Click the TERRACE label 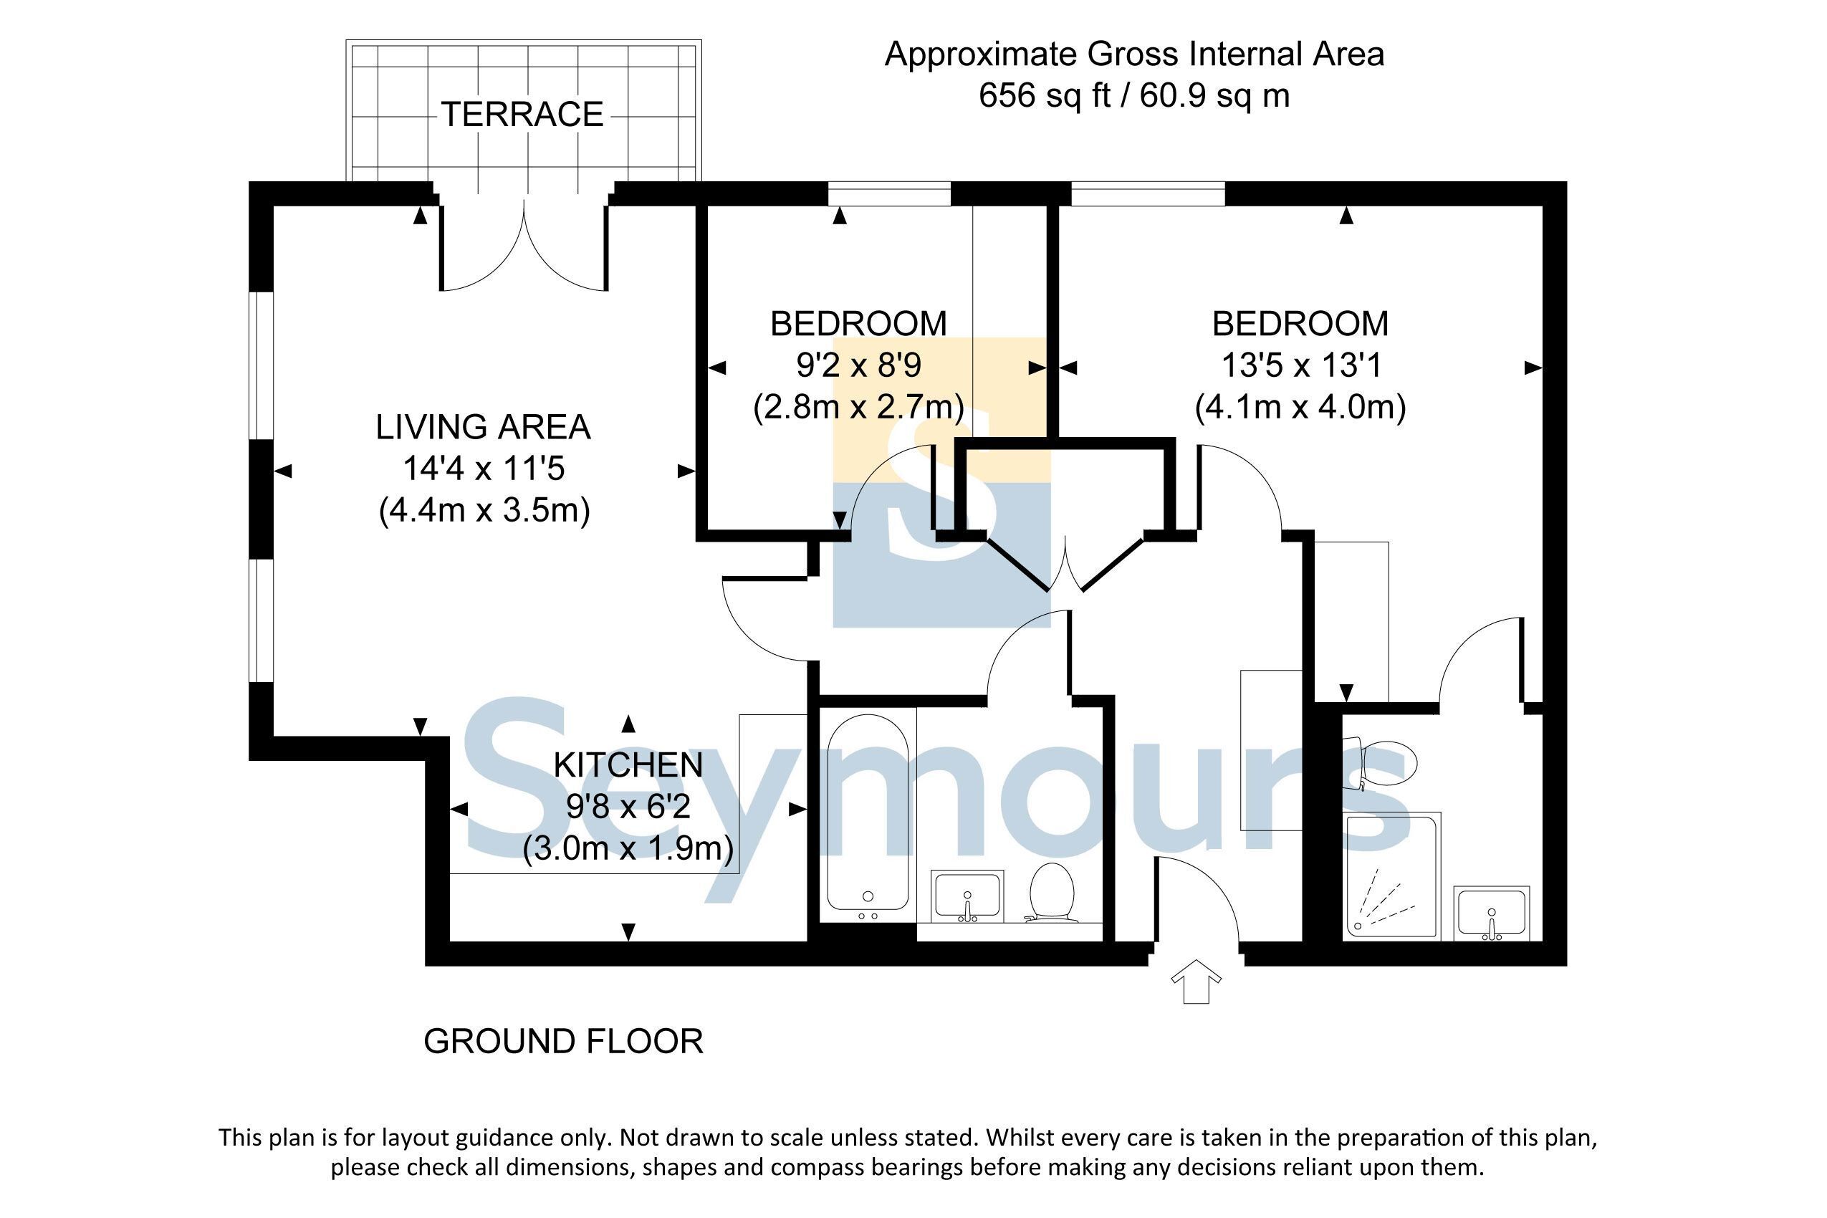coord(522,114)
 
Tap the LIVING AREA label coord(483,427)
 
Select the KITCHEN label coord(628,765)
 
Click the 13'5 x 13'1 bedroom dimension coord(1301,365)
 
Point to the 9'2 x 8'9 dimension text coord(858,365)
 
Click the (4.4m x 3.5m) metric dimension coord(484,511)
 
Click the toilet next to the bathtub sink coord(1052,892)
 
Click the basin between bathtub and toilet coord(967,896)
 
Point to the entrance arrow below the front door coord(1196,982)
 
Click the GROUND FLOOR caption coord(563,1041)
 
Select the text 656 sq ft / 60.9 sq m coord(1134,95)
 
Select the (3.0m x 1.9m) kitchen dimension coord(628,849)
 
